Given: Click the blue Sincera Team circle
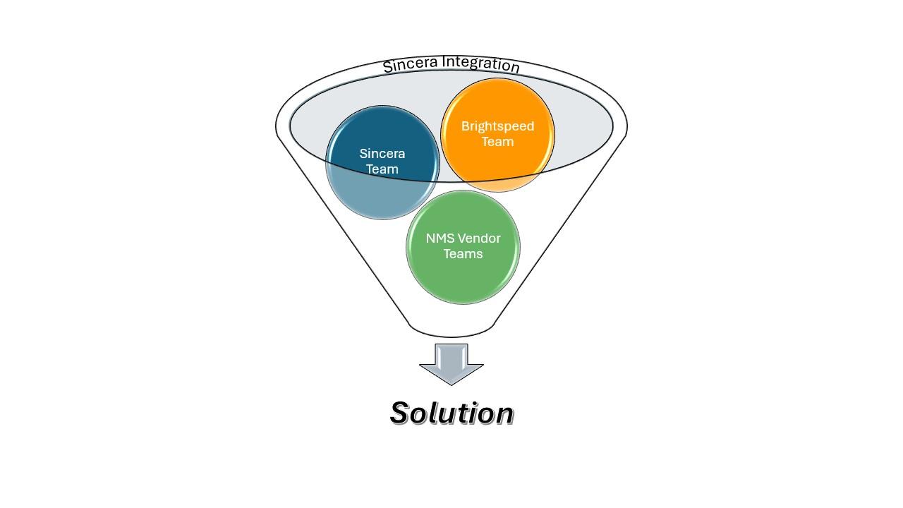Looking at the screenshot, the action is pyautogui.click(x=382, y=162).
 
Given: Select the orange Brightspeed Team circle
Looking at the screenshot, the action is pyautogui.click(x=497, y=135).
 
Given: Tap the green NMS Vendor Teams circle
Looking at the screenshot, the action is pyautogui.click(x=463, y=247).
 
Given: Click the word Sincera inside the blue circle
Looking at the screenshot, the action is pyautogui.click(x=382, y=154).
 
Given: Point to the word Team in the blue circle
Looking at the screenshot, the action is pyautogui.click(x=382, y=169).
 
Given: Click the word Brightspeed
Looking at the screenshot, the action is pyautogui.click(x=497, y=126).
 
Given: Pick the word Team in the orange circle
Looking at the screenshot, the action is pyautogui.click(x=497, y=142).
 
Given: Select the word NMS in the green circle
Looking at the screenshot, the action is pyautogui.click(x=440, y=238).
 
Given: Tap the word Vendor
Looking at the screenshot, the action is pyautogui.click(x=479, y=238).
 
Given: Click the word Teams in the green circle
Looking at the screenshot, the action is pyautogui.click(x=463, y=254).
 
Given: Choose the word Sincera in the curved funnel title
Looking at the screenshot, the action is pyautogui.click(x=411, y=65).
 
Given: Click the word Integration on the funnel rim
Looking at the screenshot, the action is pyautogui.click(x=481, y=64).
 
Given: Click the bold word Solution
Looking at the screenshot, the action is pyautogui.click(x=451, y=413).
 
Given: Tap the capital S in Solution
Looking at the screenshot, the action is pyautogui.click(x=401, y=413).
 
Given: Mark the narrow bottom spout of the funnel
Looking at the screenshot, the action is pyautogui.click(x=451, y=329).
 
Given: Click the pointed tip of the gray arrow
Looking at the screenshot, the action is pyautogui.click(x=451, y=385).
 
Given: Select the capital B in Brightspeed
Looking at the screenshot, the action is pyautogui.click(x=466, y=126).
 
